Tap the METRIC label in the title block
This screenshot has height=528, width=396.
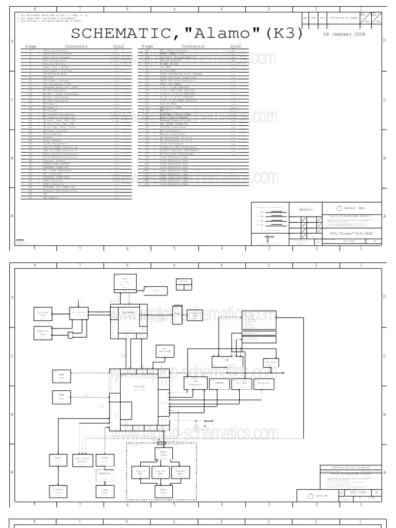[x=306, y=210]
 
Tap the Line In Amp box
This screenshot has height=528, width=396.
[x=140, y=473]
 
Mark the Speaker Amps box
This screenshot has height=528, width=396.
[x=179, y=473]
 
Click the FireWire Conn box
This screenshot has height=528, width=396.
[x=57, y=490]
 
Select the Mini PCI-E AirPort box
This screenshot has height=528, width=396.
[x=82, y=459]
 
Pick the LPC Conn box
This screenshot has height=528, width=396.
[x=271, y=363]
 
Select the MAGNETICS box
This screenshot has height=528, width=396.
[x=105, y=473]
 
